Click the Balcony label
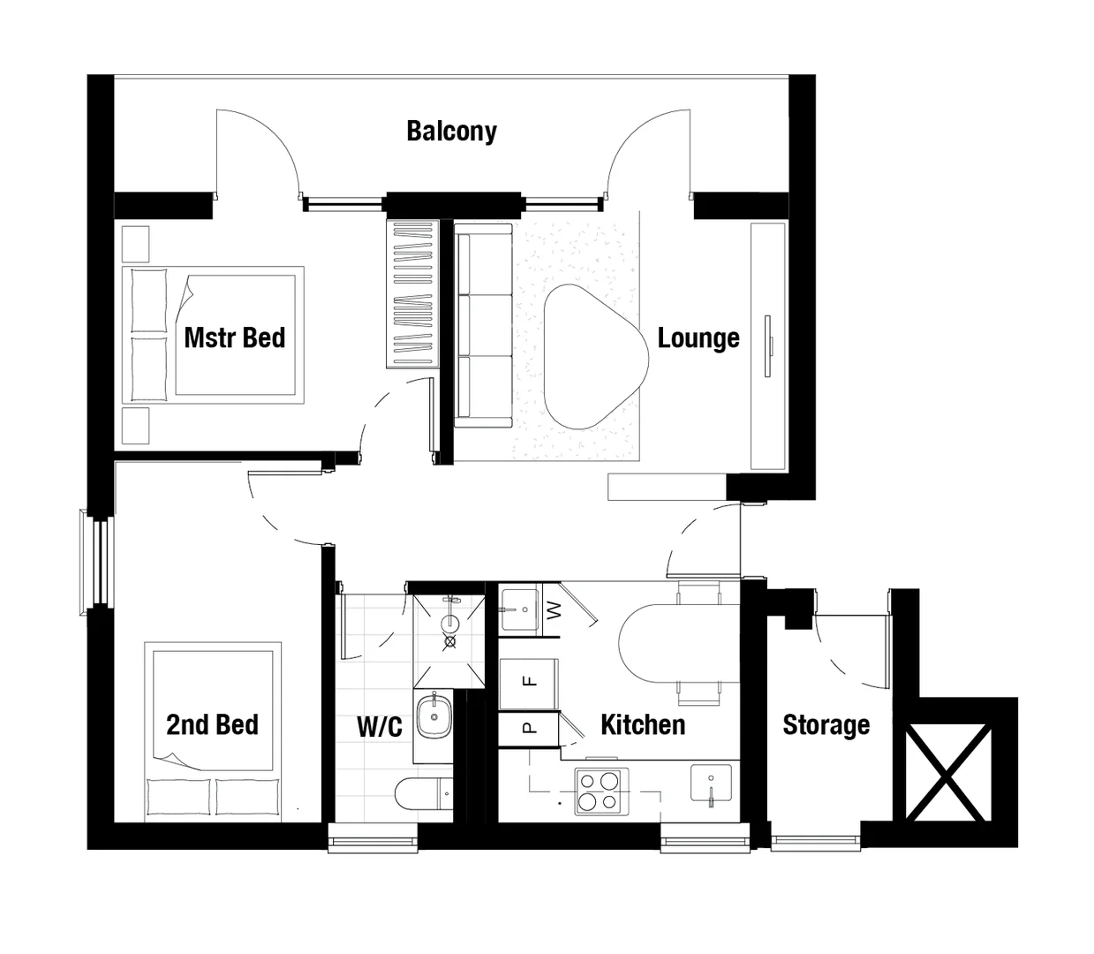point(451,132)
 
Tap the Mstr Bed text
point(234,337)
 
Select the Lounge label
point(698,338)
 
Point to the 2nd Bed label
point(212,725)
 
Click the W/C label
point(380,727)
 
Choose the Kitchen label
point(643,725)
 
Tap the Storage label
point(826,725)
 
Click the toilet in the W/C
point(423,794)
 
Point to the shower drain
point(450,642)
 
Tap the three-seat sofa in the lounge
point(483,325)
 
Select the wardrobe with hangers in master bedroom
point(411,294)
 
